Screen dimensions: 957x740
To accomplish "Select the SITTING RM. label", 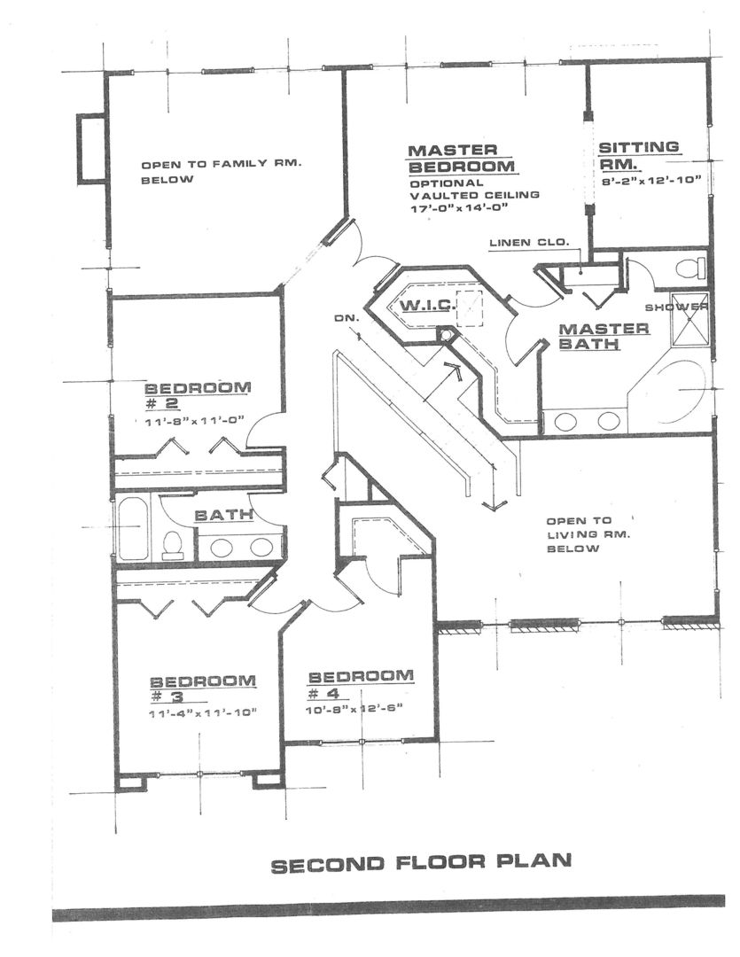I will tap(638, 155).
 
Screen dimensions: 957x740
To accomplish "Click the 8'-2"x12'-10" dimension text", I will tap(650, 180).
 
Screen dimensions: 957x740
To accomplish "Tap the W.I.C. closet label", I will tap(427, 307).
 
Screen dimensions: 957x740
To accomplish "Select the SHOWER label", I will tap(676, 307).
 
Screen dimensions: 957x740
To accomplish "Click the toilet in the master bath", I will tap(689, 267).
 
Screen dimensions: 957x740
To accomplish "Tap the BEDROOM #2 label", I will tap(198, 395).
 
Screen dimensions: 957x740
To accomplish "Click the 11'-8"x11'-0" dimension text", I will tap(195, 423).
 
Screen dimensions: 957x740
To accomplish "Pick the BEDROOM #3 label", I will tap(203, 689).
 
